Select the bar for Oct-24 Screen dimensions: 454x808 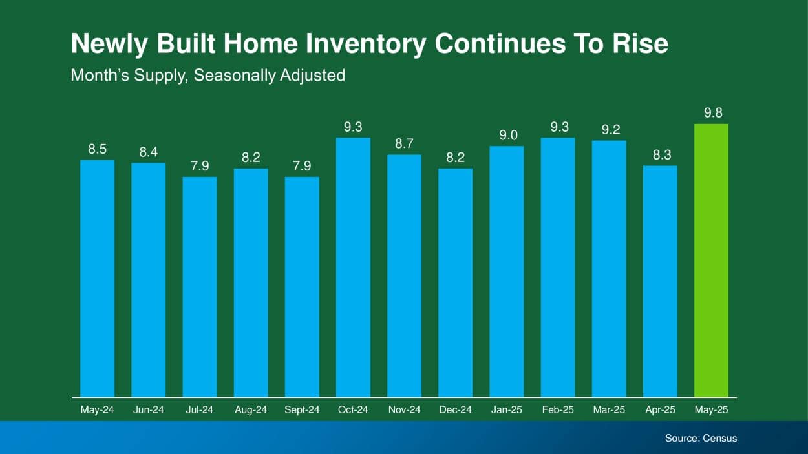[x=353, y=267]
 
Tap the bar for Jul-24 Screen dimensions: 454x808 [x=200, y=287]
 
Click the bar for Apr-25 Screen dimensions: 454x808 [x=660, y=282]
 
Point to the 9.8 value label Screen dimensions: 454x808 [x=711, y=113]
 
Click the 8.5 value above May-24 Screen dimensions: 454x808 [x=97, y=149]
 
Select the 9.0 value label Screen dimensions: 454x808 [x=507, y=135]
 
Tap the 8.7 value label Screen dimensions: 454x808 [x=405, y=143]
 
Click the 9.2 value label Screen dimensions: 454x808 [x=609, y=129]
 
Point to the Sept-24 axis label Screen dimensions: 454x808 [x=302, y=410]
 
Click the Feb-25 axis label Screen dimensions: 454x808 [x=558, y=410]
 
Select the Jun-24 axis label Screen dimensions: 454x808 [x=148, y=410]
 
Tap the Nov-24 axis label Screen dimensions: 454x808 [x=405, y=410]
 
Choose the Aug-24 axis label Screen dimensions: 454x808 [x=251, y=410]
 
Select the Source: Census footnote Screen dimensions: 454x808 [x=701, y=438]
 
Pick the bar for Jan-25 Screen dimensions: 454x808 [x=507, y=271]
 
